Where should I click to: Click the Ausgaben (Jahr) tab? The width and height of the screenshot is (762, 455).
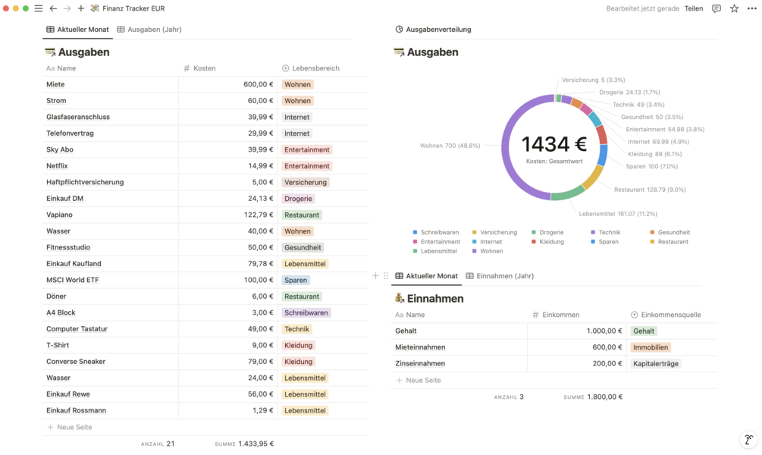tap(154, 30)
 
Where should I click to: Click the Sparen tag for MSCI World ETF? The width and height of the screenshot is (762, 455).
tap(296, 281)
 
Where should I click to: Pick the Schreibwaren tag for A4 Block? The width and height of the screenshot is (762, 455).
tap(306, 313)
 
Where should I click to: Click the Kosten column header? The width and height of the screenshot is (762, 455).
tap(204, 68)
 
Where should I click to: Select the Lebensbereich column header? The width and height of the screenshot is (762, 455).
tap(315, 68)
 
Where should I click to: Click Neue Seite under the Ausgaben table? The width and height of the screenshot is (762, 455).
tap(74, 428)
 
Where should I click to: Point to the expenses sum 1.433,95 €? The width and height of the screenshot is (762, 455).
tap(256, 444)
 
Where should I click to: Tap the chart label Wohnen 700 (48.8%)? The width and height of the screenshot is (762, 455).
tap(450, 146)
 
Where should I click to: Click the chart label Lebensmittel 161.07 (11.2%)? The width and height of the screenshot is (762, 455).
tap(618, 214)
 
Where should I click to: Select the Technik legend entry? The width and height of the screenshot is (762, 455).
tap(609, 233)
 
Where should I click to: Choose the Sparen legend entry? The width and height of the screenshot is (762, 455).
tap(608, 242)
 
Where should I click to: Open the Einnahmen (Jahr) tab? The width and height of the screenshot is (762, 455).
tap(504, 276)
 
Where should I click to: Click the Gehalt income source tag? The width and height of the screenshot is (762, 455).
tap(644, 331)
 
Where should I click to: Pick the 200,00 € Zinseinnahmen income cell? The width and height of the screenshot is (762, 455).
tap(603, 364)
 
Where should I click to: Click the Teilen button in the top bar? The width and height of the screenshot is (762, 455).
tap(693, 8)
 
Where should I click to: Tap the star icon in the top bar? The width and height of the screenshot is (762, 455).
tap(734, 8)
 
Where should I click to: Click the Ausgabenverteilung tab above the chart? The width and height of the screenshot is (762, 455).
tap(438, 30)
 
